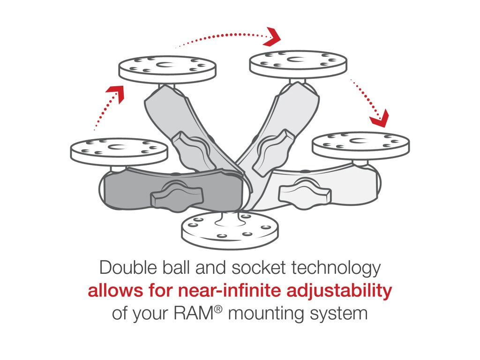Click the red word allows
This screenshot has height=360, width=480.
pyautogui.click(x=112, y=291)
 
